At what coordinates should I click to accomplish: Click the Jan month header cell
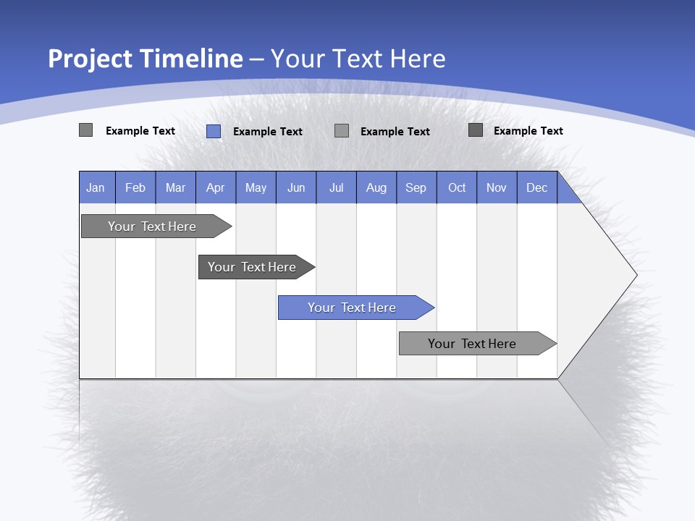click(96, 187)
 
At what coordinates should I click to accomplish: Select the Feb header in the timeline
click(135, 187)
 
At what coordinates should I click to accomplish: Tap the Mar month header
click(175, 187)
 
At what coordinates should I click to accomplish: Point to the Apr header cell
click(216, 187)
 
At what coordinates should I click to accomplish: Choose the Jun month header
click(296, 187)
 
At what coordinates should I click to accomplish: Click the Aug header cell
click(376, 187)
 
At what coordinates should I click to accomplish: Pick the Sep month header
click(416, 187)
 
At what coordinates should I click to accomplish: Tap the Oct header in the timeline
click(457, 187)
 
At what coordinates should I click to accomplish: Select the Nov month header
click(497, 187)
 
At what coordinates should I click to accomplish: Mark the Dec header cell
click(537, 187)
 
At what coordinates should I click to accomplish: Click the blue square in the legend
click(214, 131)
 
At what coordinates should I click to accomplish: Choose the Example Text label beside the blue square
click(268, 132)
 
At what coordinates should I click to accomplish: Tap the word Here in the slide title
click(418, 59)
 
